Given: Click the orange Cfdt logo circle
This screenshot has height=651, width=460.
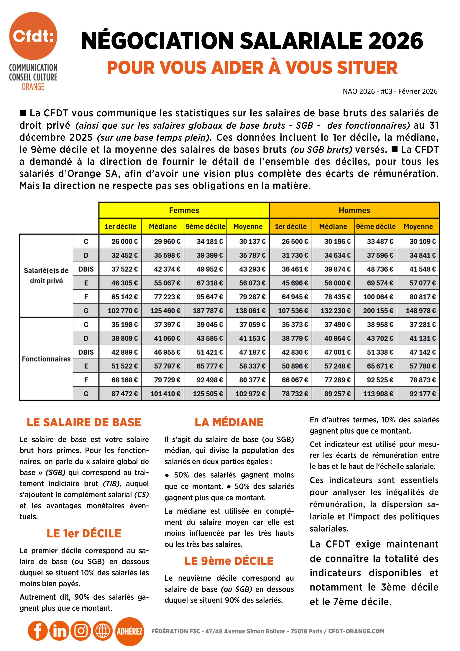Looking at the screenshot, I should click(33, 36).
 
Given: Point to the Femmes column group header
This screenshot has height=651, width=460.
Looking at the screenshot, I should click(184, 210).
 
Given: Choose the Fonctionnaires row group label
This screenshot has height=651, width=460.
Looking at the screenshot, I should click(46, 359).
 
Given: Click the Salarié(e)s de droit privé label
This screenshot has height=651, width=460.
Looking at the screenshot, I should click(46, 276).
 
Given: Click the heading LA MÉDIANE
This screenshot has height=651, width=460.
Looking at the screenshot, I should click(229, 423).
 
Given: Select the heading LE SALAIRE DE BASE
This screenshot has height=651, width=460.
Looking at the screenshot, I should click(84, 423).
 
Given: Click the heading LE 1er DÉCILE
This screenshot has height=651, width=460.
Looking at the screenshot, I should click(84, 534).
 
